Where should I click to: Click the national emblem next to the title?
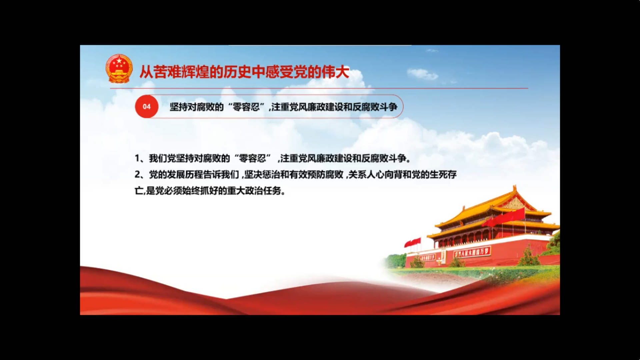click(119, 69)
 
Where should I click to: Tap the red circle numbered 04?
click(147, 107)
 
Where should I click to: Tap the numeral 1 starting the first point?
click(137, 158)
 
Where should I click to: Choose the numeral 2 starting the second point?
click(137, 175)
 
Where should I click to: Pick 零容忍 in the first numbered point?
click(252, 158)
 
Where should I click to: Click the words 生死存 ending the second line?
click(443, 175)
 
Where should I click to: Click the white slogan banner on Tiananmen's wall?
click(472, 252)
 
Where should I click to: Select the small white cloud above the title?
click(422, 74)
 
